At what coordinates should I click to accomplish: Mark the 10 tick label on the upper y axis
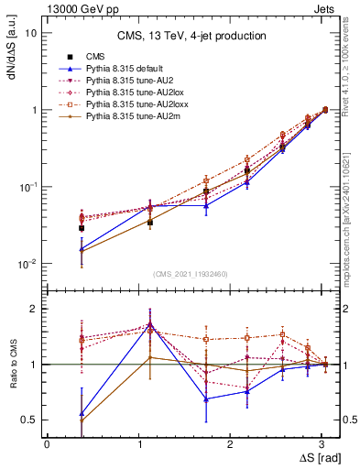31,33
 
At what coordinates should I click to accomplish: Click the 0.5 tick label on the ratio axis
28,420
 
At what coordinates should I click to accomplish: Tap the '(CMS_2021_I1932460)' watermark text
190,274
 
